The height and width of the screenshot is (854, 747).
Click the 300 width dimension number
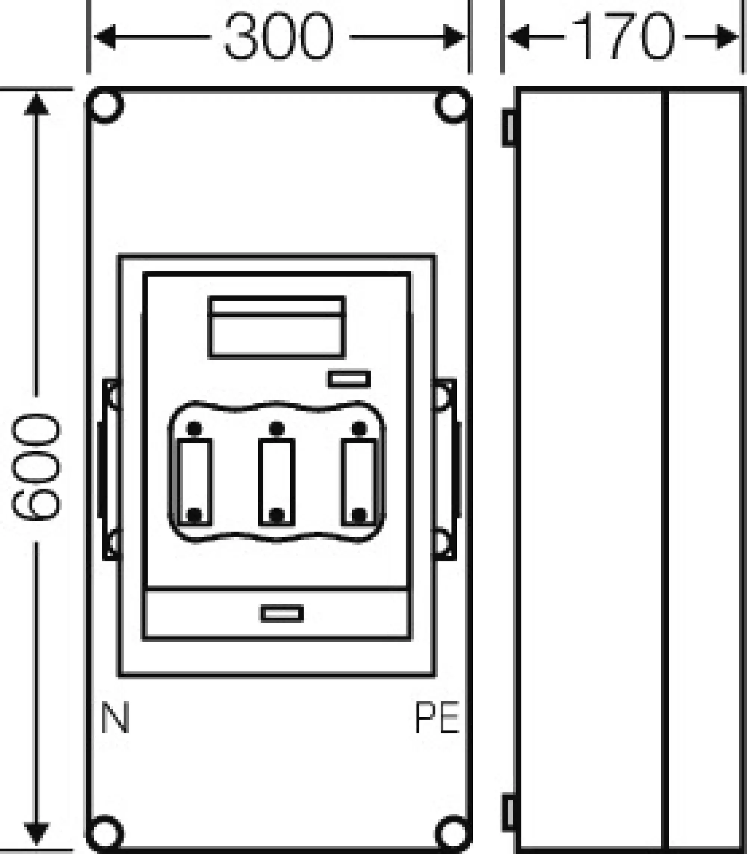279,36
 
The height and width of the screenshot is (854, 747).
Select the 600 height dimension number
36,467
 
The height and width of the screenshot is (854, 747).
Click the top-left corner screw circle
105,105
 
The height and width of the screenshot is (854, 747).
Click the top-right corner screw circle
453,105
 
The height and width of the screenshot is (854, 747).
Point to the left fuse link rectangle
195,482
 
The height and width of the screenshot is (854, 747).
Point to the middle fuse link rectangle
277,482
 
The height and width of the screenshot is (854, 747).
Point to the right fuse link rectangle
359,482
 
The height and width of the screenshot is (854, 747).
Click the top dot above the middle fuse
277,428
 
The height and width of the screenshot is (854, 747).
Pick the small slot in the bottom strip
282,613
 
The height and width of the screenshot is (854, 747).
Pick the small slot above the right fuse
349,379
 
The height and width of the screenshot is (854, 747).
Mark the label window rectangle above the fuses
277,327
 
